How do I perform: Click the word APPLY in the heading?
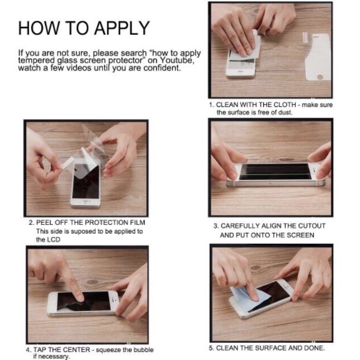(121, 28)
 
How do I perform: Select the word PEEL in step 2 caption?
(44, 223)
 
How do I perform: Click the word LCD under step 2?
(54, 240)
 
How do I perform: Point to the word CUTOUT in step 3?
(312, 226)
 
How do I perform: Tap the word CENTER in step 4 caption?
(76, 350)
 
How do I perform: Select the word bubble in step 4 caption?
(143, 350)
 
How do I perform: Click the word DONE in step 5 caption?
(314, 348)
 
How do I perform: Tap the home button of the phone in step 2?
(85, 202)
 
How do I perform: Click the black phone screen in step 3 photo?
(274, 172)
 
